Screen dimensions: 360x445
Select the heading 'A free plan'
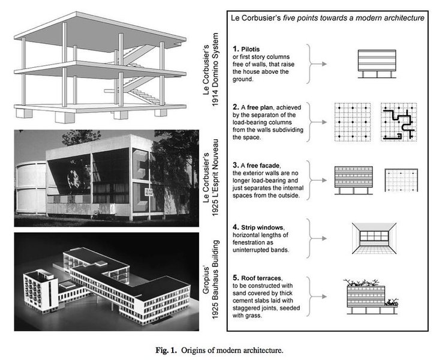266,107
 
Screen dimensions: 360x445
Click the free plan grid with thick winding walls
398,121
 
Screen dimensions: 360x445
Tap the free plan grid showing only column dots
350,121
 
